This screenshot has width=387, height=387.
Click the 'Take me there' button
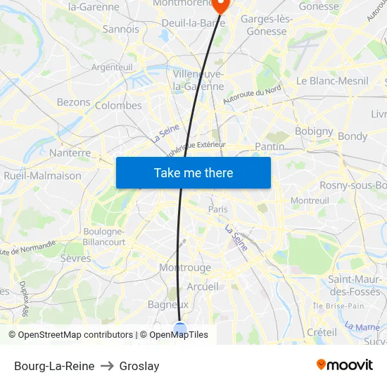point(193,172)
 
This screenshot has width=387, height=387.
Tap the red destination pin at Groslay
point(221,5)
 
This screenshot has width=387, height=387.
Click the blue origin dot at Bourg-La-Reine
point(180,328)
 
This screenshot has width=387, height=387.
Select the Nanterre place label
point(70,153)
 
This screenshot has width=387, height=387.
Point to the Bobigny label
point(314,131)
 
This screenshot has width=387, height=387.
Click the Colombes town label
point(118,106)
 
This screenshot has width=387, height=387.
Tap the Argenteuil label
point(112,67)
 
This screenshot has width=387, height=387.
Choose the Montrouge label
point(185,268)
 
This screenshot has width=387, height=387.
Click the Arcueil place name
point(203,286)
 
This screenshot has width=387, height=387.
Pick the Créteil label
point(322,331)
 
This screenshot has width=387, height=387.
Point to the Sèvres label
point(76,258)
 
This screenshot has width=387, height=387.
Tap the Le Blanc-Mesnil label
point(332,81)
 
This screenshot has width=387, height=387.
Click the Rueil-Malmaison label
point(42,176)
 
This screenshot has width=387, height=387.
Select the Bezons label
point(74,102)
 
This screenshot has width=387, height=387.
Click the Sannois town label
point(121,30)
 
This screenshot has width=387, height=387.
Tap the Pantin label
point(269,146)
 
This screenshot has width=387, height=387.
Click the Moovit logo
point(345,365)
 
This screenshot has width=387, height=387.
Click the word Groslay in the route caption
point(139,366)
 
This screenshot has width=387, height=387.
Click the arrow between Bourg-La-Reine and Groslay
point(107,366)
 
